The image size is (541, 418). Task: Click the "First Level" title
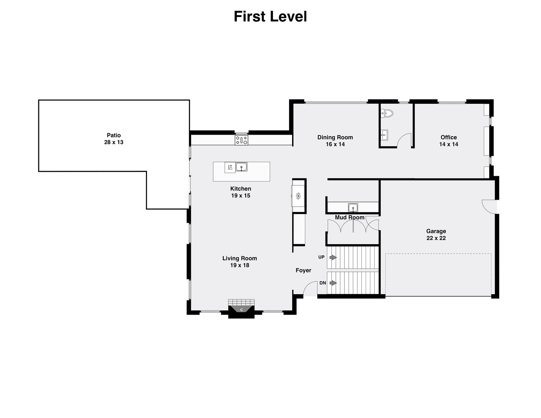click(x=270, y=17)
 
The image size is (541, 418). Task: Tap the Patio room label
click(x=114, y=135)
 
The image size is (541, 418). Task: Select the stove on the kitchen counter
click(x=241, y=140)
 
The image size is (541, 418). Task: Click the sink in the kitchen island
click(x=241, y=167)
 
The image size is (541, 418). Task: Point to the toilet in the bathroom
click(x=387, y=113)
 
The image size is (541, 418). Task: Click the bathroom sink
click(x=385, y=135)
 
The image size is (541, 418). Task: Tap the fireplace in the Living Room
click(x=241, y=309)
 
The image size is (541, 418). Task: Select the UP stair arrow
click(x=332, y=257)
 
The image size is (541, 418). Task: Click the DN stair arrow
click(x=332, y=283)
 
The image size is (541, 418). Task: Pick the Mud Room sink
click(x=353, y=207)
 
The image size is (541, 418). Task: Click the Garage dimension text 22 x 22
click(x=436, y=238)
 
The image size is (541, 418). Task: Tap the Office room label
click(x=449, y=137)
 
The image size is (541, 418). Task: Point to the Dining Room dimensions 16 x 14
click(x=335, y=144)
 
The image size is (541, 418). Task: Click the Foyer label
click(x=303, y=270)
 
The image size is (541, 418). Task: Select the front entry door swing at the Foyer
click(x=310, y=289)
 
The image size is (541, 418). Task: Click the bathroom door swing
click(x=405, y=140)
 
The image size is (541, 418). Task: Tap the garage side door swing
click(x=489, y=206)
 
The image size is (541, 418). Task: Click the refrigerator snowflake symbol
click(x=298, y=196)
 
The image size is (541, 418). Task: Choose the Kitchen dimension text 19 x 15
click(x=241, y=195)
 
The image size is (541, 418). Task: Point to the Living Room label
click(x=240, y=258)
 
